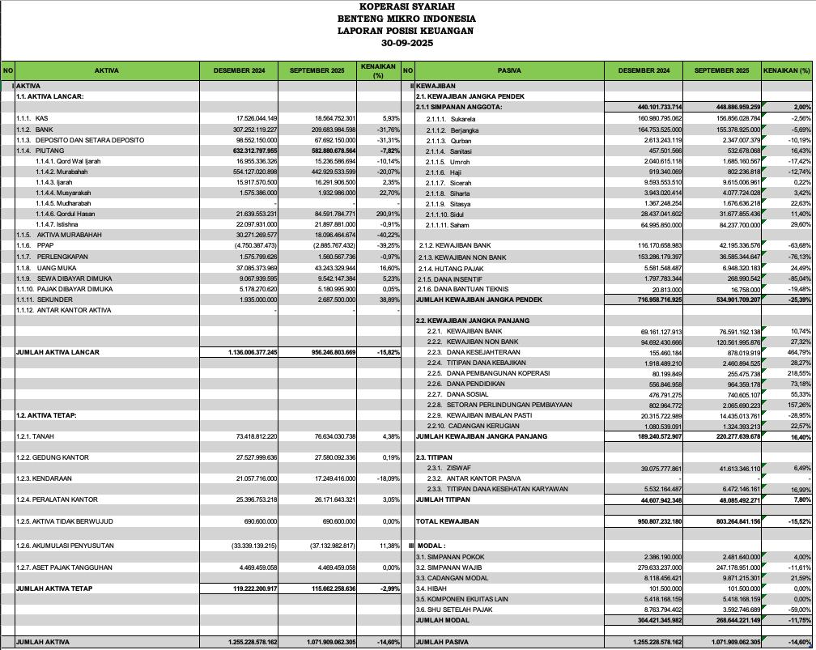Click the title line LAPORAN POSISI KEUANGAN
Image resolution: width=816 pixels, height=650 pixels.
(x=406, y=30)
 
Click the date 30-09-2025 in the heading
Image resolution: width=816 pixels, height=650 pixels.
(x=406, y=42)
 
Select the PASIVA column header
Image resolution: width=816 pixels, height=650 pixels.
(x=508, y=71)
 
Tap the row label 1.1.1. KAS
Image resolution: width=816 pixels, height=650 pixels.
(x=32, y=118)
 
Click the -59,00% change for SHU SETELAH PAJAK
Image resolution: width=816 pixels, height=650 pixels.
(x=798, y=609)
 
